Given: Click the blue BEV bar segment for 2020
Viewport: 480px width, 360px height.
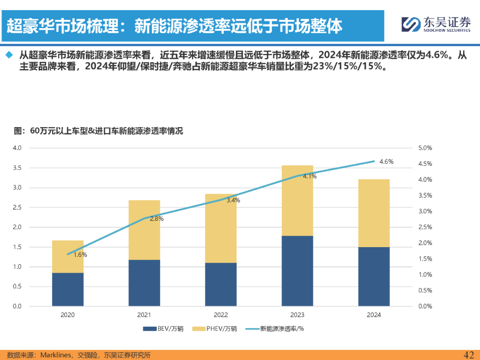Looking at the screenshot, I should pos(68,289).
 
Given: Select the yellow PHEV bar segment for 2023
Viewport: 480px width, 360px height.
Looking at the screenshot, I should pos(297,200).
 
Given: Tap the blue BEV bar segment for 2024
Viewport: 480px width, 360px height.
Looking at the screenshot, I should pos(374,276).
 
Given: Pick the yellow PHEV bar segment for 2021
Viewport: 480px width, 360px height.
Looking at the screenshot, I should pos(144,230).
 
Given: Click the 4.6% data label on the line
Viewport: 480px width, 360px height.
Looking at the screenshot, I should pos(386,162).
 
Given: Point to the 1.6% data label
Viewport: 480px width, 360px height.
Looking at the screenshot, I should pos(80,255).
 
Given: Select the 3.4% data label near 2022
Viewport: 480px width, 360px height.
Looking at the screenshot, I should pos(233,200).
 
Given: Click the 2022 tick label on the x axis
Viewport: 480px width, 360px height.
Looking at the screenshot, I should pos(220,315).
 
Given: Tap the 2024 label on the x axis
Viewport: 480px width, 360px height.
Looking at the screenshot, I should pos(374,315).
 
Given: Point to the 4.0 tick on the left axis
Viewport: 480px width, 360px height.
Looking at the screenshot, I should pos(16,148).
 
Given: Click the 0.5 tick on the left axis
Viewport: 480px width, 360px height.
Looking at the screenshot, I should pos(16,286).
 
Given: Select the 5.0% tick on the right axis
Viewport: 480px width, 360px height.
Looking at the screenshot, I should pos(425,148).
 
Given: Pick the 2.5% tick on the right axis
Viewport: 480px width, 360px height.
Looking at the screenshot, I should pos(425,227).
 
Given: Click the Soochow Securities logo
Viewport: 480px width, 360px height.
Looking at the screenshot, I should pos(436,24).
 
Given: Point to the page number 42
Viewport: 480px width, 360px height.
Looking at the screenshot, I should pos(469,354).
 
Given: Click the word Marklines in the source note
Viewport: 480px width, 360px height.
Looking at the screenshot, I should pos(56,355).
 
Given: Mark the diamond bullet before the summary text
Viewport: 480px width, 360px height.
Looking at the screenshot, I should pos(8,55).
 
